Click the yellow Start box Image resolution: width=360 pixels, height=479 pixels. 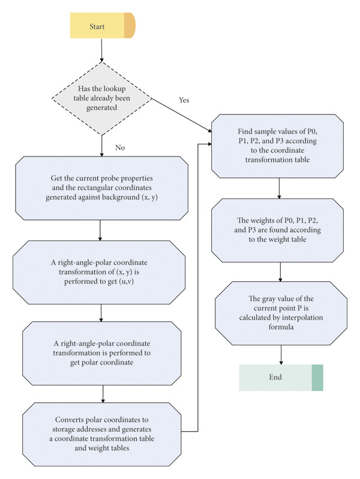(x=103, y=26)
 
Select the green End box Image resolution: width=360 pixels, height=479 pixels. (x=281, y=378)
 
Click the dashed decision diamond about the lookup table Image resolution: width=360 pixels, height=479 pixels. (x=101, y=98)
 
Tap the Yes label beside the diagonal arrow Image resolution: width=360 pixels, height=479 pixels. (x=184, y=100)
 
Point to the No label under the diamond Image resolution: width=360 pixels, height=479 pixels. (x=120, y=147)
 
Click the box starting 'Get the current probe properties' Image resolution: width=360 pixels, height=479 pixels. (x=101, y=188)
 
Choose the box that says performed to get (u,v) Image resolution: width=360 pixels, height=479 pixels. (x=99, y=272)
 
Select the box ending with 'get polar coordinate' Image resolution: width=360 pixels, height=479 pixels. (x=101, y=353)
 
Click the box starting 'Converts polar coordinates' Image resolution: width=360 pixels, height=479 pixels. (x=101, y=434)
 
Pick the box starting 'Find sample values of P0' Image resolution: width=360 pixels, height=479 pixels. (x=277, y=146)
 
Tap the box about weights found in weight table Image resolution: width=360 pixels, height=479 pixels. (x=277, y=230)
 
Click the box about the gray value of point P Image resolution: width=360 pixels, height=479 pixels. (x=281, y=313)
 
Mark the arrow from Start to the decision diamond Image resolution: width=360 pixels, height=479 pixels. (x=101, y=50)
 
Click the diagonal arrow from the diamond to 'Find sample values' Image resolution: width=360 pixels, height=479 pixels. (x=182, y=116)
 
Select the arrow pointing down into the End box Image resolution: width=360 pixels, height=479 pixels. (x=281, y=355)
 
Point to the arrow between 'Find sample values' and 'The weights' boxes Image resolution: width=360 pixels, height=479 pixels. (x=279, y=188)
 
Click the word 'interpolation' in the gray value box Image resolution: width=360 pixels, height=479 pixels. (x=302, y=317)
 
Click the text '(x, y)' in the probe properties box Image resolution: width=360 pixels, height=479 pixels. (x=149, y=197)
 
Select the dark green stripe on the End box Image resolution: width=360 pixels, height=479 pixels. (x=317, y=378)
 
